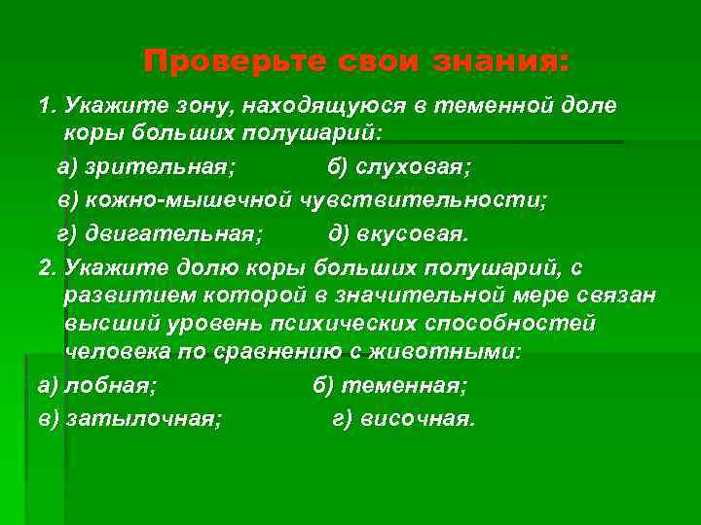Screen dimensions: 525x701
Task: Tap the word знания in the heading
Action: pyautogui.click(x=498, y=62)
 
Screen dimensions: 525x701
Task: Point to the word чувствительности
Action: pyautogui.click(x=425, y=200)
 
